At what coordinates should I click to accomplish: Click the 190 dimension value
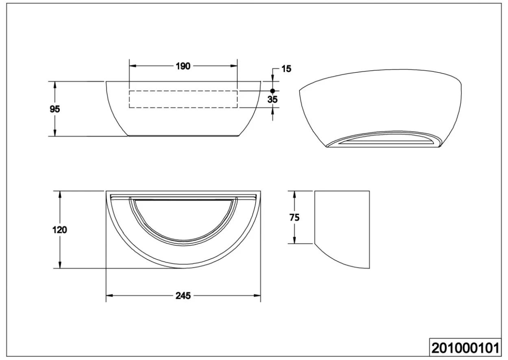(183, 66)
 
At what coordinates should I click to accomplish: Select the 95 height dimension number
(54, 109)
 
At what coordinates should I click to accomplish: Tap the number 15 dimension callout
(287, 69)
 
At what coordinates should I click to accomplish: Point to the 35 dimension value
(272, 99)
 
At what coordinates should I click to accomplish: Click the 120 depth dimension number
(60, 230)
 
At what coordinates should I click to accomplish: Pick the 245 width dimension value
(183, 296)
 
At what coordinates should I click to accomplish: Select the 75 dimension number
(294, 217)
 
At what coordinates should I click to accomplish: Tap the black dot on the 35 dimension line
(273, 91)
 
